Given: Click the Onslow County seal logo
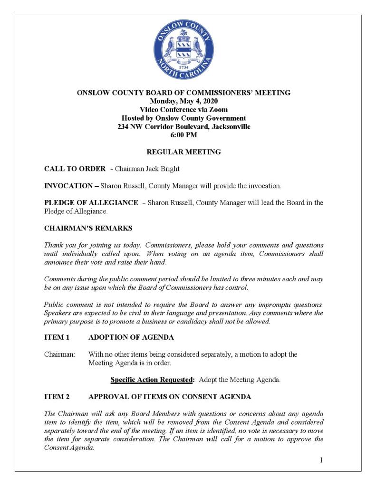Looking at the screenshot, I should [183, 50].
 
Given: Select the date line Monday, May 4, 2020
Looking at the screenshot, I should [183, 101].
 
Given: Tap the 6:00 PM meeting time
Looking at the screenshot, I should [183, 135].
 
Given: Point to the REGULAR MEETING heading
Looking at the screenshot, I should [183, 152].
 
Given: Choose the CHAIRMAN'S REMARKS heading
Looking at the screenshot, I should [88, 228].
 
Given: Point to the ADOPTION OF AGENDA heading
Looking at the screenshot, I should [131, 338].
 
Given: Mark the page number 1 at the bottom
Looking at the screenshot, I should [321, 460].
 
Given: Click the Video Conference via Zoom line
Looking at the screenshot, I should [183, 110].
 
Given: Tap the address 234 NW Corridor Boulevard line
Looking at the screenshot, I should [183, 127].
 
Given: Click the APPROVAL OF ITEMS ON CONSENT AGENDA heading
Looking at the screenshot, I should [170, 397].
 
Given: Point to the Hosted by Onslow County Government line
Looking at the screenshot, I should [183, 118].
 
